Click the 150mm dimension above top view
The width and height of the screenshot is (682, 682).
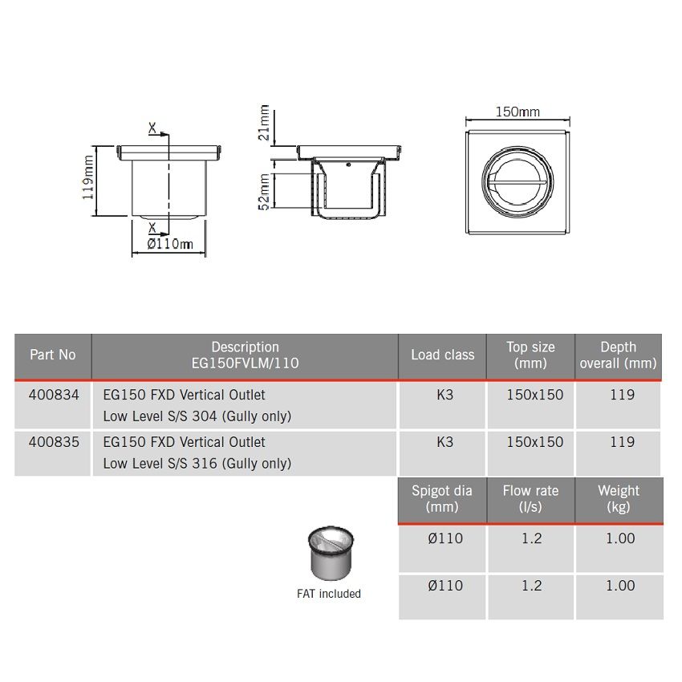[518, 112]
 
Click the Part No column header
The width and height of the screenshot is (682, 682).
[52, 355]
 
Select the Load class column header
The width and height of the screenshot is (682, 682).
[442, 355]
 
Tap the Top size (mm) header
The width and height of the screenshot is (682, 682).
[530, 355]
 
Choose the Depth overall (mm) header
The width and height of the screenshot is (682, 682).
[618, 355]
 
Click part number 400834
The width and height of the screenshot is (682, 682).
[52, 395]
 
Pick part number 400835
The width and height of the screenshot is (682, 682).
[52, 442]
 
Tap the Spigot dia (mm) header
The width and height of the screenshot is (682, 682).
[442, 498]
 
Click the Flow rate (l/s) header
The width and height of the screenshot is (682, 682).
[530, 498]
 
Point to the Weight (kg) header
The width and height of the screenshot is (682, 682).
[619, 498]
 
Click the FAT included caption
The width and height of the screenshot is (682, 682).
[329, 594]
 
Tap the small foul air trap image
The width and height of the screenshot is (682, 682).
[329, 554]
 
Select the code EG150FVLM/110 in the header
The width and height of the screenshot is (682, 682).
[245, 363]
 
